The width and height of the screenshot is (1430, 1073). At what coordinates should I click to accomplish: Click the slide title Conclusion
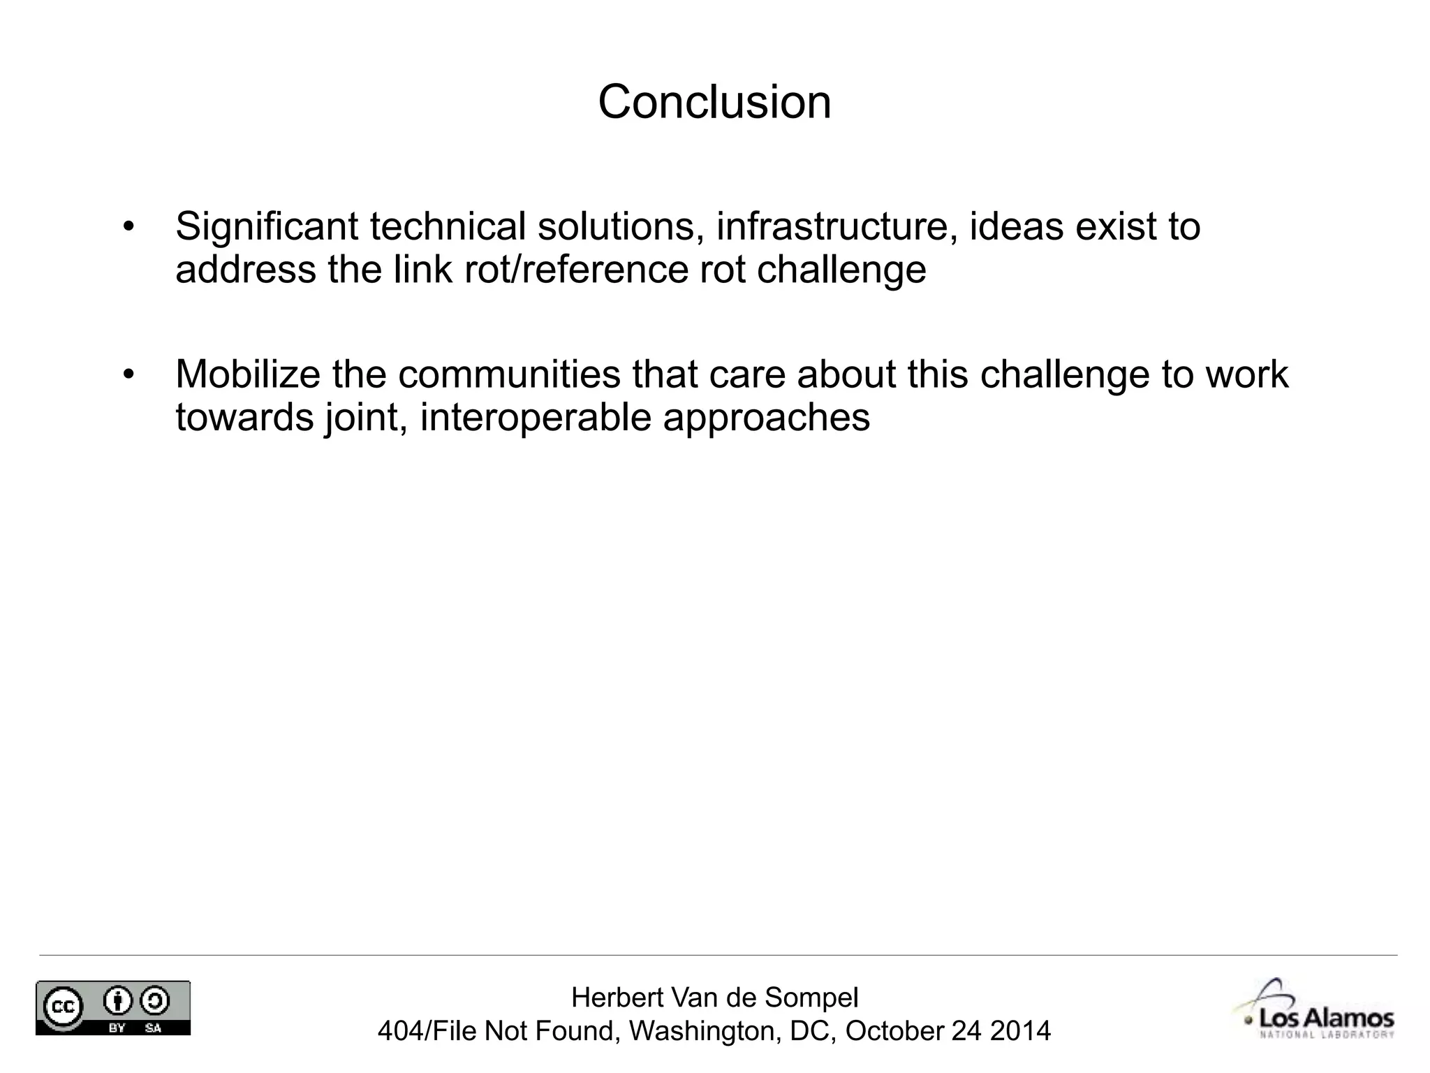click(714, 102)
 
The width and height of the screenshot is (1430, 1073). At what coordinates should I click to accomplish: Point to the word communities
click(509, 374)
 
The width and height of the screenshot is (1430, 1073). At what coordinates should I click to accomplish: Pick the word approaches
click(766, 418)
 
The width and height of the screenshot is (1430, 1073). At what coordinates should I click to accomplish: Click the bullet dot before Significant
click(127, 227)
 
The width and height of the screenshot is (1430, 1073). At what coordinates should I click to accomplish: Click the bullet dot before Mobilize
click(127, 374)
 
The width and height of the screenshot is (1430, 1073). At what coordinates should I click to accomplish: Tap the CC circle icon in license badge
click(64, 1006)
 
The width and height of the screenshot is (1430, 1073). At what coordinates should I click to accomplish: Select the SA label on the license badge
click(153, 1028)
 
